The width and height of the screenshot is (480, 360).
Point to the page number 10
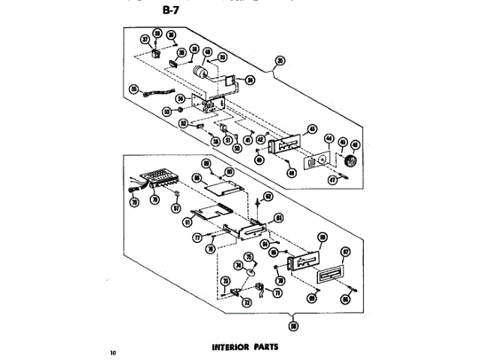point(113,351)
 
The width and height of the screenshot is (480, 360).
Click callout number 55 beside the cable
point(133,89)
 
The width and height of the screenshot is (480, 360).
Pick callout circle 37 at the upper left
point(146,39)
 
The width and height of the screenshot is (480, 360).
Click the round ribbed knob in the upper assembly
point(349,162)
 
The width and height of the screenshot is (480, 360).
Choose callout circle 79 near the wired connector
point(135,202)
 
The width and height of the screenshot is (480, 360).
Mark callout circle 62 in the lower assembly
point(268,196)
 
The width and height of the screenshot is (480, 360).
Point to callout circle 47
point(353,180)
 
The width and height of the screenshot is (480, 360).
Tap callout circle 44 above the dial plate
point(328,139)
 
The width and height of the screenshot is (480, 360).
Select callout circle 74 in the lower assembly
point(238,265)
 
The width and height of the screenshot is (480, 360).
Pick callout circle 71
point(276,294)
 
